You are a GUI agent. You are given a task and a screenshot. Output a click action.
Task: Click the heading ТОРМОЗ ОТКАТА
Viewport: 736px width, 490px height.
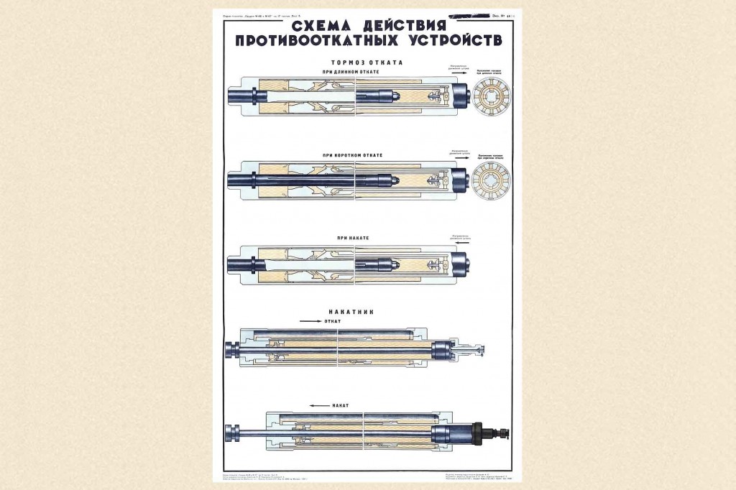[361, 63]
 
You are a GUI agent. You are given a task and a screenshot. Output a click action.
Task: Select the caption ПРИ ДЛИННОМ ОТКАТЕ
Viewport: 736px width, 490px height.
[362, 72]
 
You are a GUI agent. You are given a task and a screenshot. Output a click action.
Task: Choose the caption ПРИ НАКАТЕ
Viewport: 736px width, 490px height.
[362, 237]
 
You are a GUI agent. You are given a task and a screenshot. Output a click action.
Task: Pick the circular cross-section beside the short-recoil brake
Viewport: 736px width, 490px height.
[493, 176]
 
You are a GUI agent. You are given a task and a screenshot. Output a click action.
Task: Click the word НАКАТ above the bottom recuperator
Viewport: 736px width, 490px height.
[341, 405]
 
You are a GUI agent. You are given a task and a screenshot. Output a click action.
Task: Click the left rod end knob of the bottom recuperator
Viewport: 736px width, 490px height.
[231, 433]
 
